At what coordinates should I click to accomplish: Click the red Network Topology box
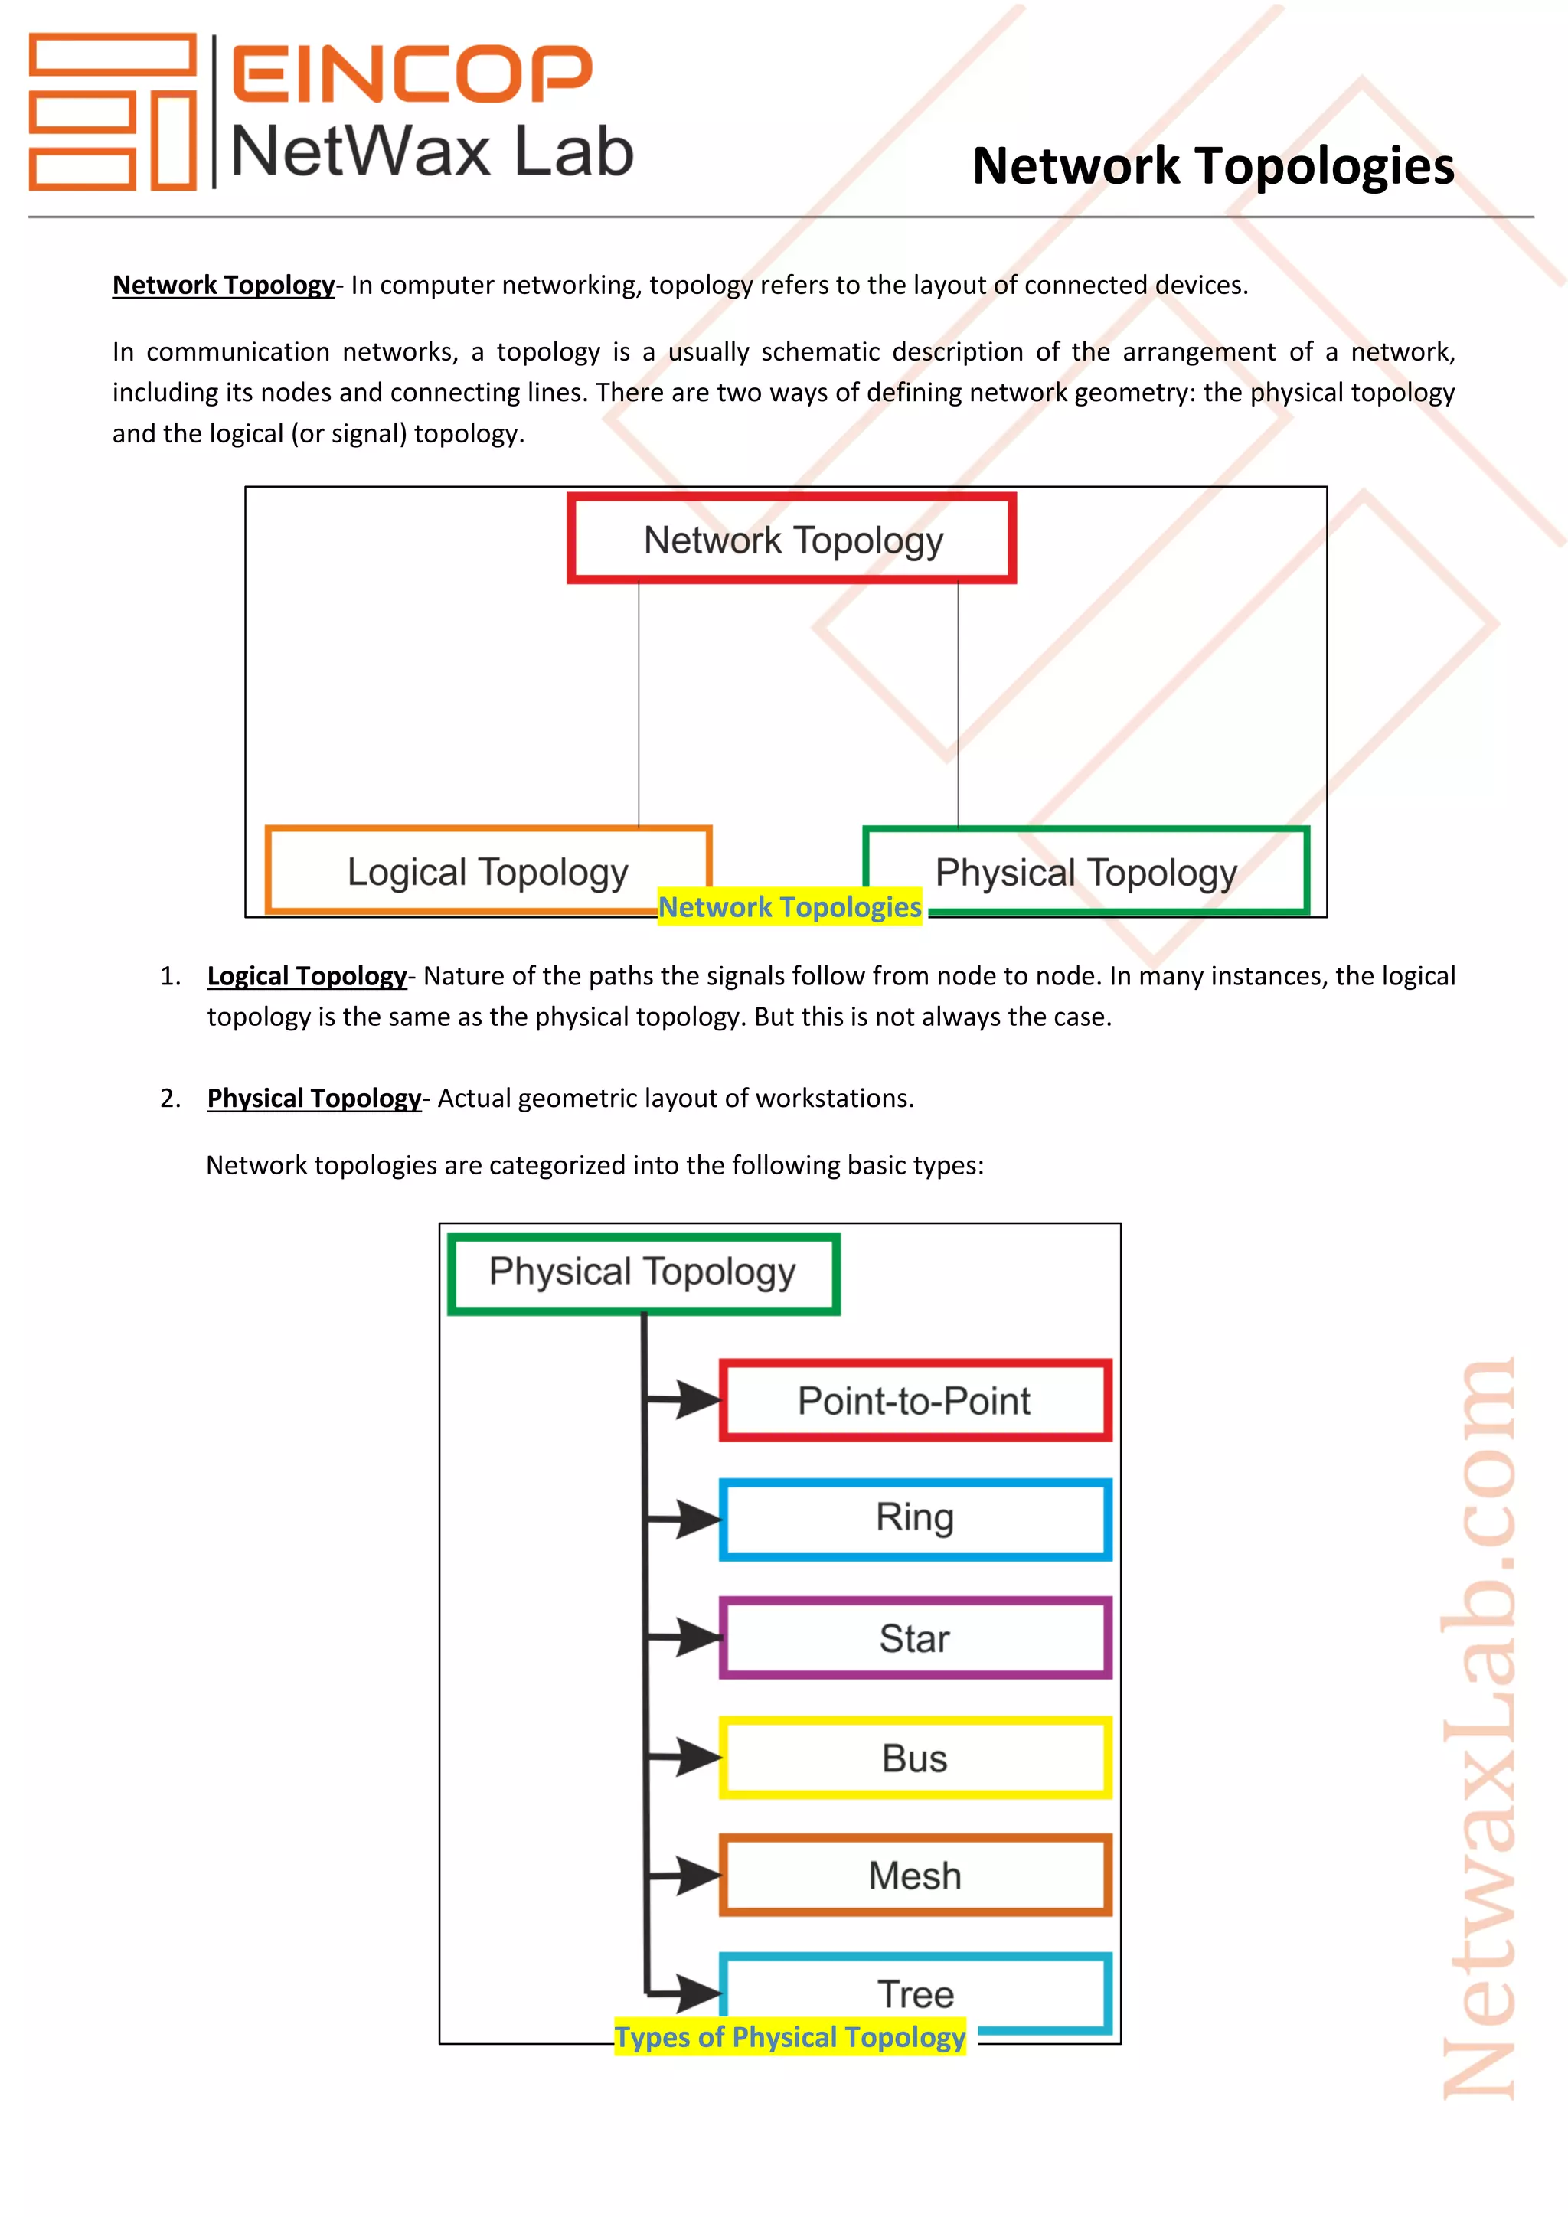(x=792, y=539)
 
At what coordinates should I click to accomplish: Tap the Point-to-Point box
(x=914, y=1400)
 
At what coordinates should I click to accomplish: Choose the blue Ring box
(x=914, y=1519)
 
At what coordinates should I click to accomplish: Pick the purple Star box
(x=914, y=1637)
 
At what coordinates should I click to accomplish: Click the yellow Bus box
(x=914, y=1758)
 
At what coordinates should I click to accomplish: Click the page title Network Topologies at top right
(x=1213, y=166)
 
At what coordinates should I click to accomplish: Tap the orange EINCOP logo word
(x=412, y=73)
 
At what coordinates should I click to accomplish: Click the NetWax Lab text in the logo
(x=432, y=152)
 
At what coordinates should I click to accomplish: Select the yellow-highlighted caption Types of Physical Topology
(x=790, y=2037)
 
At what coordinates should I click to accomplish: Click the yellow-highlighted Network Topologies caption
(x=790, y=908)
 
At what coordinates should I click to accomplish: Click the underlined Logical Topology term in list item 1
(x=307, y=976)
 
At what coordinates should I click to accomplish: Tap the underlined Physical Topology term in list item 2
(x=314, y=1099)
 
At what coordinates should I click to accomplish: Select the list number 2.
(x=170, y=1099)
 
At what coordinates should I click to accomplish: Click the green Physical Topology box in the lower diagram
(x=643, y=1272)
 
